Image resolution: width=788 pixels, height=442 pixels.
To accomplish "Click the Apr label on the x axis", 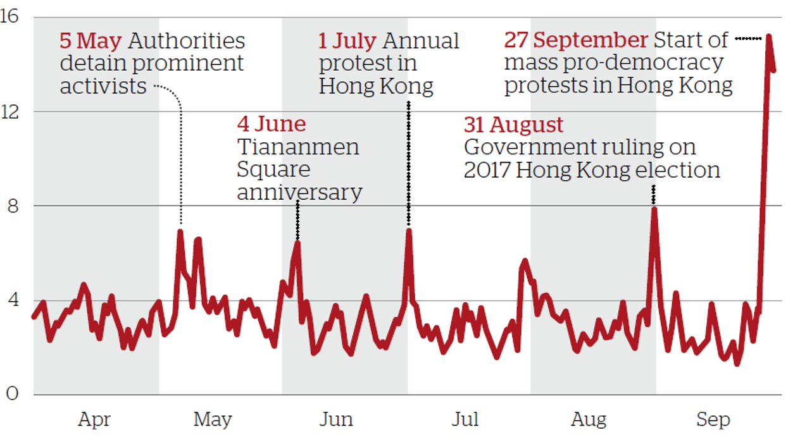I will (95, 419).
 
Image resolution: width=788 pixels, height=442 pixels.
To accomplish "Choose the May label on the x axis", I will (213, 419).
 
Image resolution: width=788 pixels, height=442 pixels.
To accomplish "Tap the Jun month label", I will (337, 419).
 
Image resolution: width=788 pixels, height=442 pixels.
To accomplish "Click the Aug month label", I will (589, 419).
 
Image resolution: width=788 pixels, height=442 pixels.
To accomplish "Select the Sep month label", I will (713, 419).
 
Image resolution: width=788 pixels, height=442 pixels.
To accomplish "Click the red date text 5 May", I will (91, 41).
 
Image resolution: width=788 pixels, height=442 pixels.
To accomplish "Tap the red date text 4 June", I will (272, 124).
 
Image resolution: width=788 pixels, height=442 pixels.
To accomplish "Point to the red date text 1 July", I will (347, 41).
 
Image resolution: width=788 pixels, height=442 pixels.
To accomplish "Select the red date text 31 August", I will (513, 125).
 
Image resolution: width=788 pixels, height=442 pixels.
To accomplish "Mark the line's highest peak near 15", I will (768, 36).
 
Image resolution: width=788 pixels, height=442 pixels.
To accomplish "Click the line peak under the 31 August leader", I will (654, 209).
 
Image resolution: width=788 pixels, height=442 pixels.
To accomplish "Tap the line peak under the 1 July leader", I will (409, 230).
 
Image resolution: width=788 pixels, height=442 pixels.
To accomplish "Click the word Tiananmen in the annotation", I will (298, 147).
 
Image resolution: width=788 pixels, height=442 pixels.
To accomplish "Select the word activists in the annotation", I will (103, 87).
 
